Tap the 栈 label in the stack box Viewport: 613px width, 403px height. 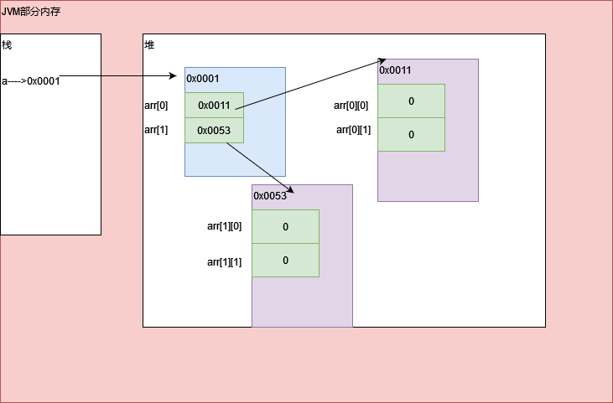(x=7, y=44)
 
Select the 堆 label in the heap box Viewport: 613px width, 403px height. (x=149, y=44)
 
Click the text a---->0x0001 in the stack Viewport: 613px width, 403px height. (x=31, y=81)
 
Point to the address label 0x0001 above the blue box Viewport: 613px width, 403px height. (x=203, y=79)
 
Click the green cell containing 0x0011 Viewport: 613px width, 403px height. (x=214, y=105)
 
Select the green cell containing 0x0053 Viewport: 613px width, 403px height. (x=214, y=130)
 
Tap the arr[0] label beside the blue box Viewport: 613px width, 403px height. (x=156, y=105)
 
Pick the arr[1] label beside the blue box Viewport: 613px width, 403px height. (x=156, y=130)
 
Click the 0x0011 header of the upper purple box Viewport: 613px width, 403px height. (x=396, y=70)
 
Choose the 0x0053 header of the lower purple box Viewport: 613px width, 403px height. (x=270, y=195)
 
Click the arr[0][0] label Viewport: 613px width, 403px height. (x=351, y=105)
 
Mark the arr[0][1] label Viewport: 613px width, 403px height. (x=353, y=130)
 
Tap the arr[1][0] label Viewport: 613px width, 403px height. (x=224, y=226)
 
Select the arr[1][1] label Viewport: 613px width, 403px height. (x=224, y=262)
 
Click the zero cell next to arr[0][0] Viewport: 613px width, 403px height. (x=411, y=101)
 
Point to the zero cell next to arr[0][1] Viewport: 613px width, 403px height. (x=411, y=134)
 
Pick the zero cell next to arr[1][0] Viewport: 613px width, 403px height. (x=285, y=226)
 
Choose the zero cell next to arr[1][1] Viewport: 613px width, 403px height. (x=285, y=260)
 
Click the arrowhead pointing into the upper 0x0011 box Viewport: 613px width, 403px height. (x=382, y=61)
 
